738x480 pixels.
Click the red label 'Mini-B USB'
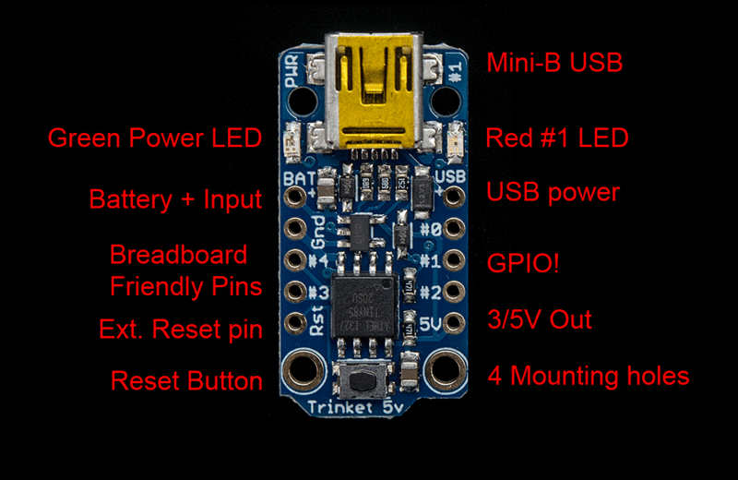tap(554, 63)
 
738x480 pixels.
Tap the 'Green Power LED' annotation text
tap(154, 138)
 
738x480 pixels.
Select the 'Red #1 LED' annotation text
tap(557, 138)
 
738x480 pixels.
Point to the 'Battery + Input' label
tap(175, 198)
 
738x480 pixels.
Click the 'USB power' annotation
tap(553, 194)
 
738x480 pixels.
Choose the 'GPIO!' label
tap(523, 263)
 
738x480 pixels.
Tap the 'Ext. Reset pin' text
tap(181, 329)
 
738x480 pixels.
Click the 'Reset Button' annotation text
tap(186, 380)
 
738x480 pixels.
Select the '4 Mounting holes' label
tap(588, 376)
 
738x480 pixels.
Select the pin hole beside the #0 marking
tap(453, 228)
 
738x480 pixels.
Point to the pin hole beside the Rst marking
tap(295, 323)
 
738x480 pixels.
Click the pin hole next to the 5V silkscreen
tap(453, 323)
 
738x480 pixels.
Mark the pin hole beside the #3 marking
tap(295, 292)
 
